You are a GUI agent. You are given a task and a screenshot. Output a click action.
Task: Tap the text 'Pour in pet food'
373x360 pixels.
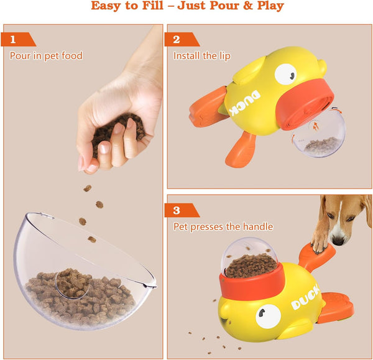pos(46,56)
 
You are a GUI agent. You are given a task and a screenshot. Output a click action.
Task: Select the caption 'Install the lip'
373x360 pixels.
pos(201,56)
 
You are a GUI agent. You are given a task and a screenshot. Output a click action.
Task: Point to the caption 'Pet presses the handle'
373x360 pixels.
pos(223,227)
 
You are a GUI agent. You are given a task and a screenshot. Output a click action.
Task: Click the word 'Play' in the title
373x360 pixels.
pos(268,6)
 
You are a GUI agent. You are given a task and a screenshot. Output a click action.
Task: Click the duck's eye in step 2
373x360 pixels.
pos(286,75)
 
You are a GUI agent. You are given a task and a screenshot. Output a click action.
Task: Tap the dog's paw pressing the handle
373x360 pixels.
pos(320,245)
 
